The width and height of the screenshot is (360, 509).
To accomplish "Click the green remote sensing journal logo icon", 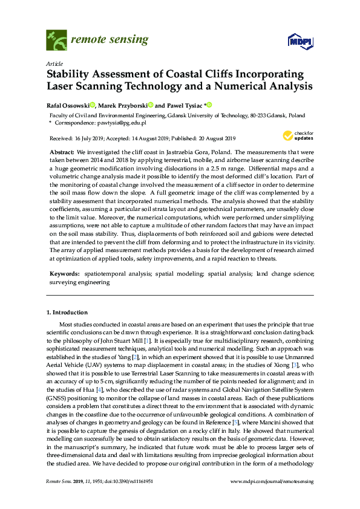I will pos(56,41).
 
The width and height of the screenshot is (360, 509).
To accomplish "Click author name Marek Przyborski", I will pos(125,105).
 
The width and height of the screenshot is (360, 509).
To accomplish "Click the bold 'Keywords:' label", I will pos(63,274).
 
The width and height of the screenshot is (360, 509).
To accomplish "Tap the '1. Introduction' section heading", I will pos(67,313).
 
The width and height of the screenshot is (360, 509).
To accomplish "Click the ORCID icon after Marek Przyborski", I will pos(150,105).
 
